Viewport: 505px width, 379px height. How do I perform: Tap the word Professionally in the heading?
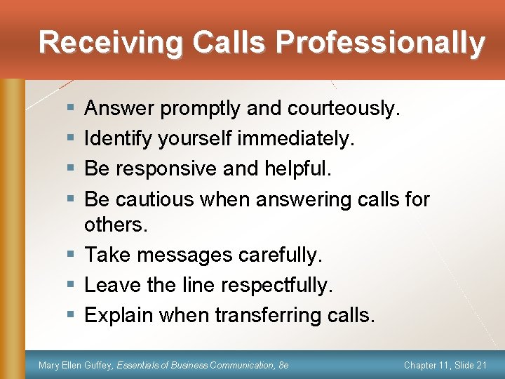(380, 42)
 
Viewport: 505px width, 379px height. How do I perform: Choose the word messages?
(185, 255)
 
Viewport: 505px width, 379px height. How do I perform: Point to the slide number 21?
(480, 365)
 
